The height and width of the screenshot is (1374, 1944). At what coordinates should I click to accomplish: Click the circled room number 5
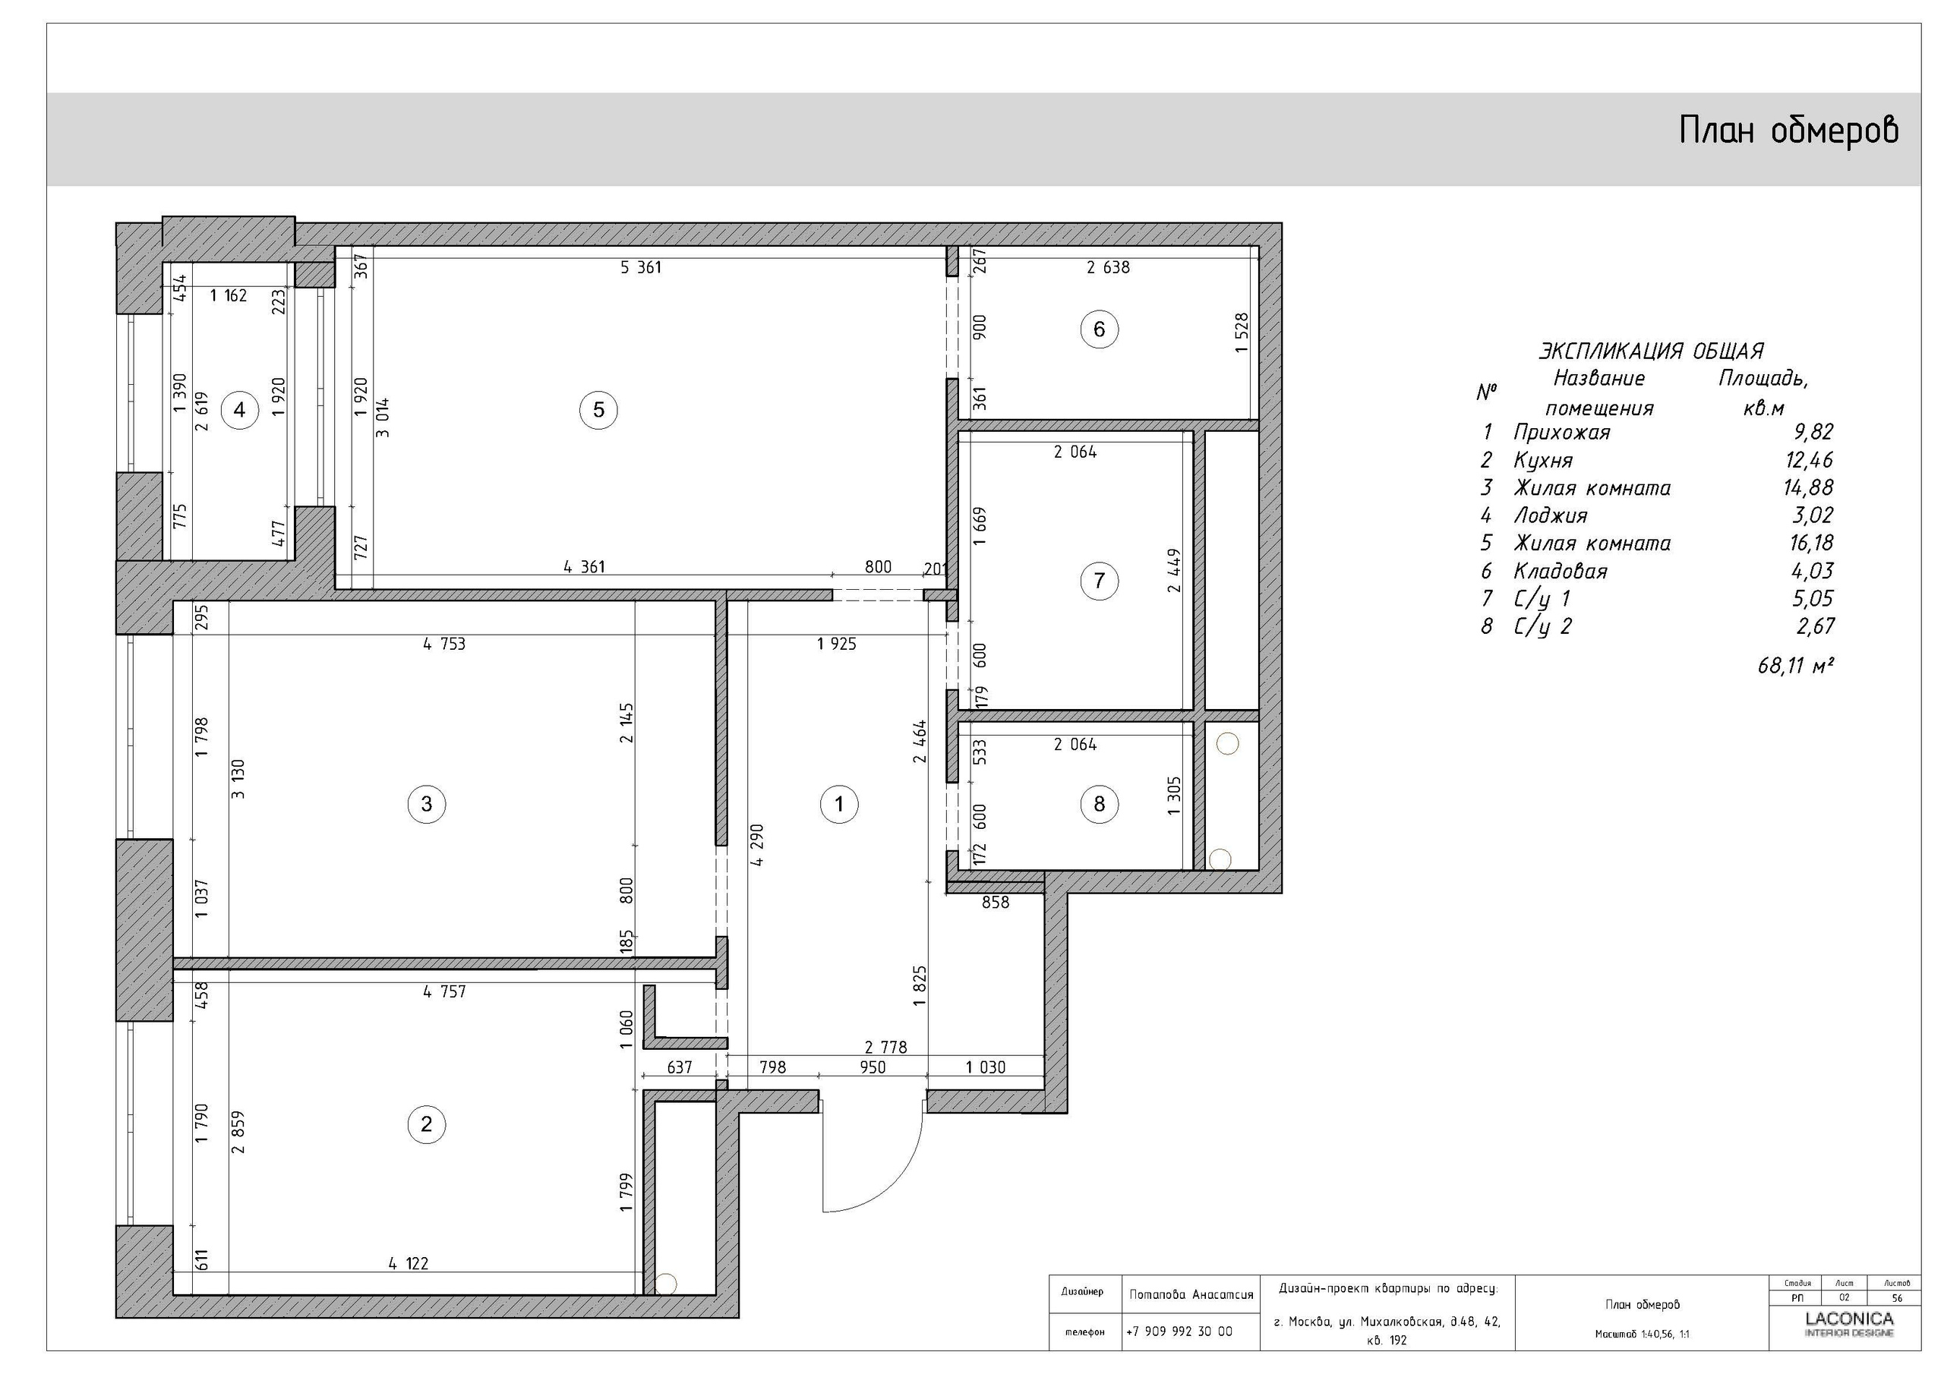pyautogui.click(x=598, y=410)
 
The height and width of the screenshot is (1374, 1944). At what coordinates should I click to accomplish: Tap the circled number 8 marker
pyautogui.click(x=1099, y=803)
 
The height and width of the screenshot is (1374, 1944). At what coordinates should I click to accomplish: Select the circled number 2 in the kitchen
pyautogui.click(x=426, y=1123)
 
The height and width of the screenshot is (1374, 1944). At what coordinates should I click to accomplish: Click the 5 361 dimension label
pyautogui.click(x=641, y=267)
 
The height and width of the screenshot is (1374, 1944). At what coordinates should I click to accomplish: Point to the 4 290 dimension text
pyautogui.click(x=757, y=845)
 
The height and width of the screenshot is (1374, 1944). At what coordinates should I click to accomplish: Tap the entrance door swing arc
pyautogui.click(x=889, y=1185)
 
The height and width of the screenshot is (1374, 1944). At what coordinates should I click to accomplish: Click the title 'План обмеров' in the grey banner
pyautogui.click(x=1788, y=131)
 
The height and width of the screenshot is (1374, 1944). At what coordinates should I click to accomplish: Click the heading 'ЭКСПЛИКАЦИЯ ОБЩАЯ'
pyautogui.click(x=1650, y=351)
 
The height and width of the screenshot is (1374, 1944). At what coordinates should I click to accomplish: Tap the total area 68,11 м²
pyautogui.click(x=1795, y=666)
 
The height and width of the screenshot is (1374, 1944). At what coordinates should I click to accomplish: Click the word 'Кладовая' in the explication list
pyautogui.click(x=1560, y=571)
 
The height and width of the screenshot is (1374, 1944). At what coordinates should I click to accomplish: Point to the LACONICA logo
pyautogui.click(x=1849, y=1319)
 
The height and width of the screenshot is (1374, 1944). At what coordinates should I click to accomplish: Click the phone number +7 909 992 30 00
pyautogui.click(x=1179, y=1331)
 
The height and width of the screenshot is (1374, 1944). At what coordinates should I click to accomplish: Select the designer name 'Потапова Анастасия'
pyautogui.click(x=1191, y=1294)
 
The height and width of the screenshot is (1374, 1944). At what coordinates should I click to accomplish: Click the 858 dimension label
pyautogui.click(x=995, y=903)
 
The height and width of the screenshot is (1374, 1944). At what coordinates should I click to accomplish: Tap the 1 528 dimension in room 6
pyautogui.click(x=1242, y=332)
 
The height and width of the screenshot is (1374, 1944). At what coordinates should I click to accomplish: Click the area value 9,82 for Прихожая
pyautogui.click(x=1813, y=432)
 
